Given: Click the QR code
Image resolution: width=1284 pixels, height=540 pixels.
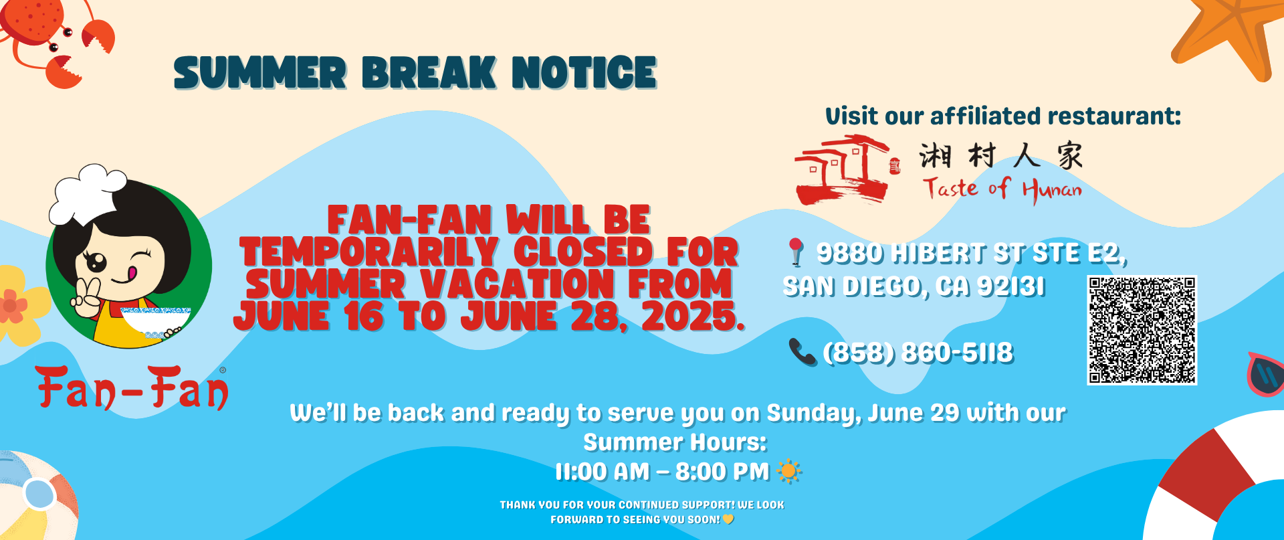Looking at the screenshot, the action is tap(1142, 330).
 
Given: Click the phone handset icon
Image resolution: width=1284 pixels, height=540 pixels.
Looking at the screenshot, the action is tap(802, 352).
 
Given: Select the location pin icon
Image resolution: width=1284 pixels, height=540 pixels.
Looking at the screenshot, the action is tap(795, 252).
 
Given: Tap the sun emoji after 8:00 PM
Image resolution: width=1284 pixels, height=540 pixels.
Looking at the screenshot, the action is tap(788, 472).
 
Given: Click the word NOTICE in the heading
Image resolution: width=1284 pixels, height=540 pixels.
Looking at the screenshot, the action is tap(584, 73).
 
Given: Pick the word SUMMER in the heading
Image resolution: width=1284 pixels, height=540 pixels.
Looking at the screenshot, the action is tap(260, 73).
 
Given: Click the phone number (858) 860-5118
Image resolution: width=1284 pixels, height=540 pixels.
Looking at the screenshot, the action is tap(918, 353).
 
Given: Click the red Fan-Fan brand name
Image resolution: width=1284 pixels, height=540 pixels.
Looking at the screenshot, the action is tap(132, 387).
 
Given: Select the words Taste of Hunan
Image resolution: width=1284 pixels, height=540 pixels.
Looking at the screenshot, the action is tap(1002, 189).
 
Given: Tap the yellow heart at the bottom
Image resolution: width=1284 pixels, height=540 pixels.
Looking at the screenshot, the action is tap(728, 519).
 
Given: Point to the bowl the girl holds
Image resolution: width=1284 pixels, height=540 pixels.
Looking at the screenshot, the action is tap(155, 322).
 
